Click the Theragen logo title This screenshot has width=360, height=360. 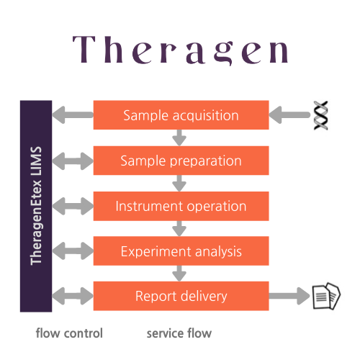(x=180, y=50)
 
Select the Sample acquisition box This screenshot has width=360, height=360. (x=181, y=115)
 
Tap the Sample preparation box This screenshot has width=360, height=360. (x=181, y=161)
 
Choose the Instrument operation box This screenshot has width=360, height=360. (x=181, y=206)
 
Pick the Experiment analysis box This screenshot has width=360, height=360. (x=181, y=251)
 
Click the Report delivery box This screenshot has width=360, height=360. (x=181, y=296)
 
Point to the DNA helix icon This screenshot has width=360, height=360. (x=321, y=115)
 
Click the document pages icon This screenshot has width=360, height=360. (x=326, y=296)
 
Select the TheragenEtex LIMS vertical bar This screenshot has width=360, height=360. (x=36, y=206)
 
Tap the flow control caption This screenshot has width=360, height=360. (x=69, y=333)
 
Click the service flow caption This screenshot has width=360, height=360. (x=179, y=333)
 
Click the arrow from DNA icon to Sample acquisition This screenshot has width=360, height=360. (x=289, y=115)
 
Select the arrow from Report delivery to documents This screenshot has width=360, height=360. (x=289, y=296)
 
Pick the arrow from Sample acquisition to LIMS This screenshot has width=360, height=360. (x=73, y=115)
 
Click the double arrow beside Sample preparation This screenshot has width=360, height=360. (x=73, y=161)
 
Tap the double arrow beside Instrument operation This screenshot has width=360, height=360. (x=73, y=206)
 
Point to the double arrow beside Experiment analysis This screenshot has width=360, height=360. (x=73, y=251)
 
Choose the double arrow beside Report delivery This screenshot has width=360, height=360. (x=73, y=296)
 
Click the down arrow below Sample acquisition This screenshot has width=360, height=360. (x=179, y=138)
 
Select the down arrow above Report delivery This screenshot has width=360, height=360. (x=179, y=274)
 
